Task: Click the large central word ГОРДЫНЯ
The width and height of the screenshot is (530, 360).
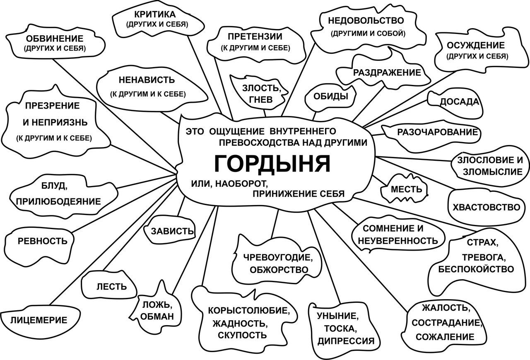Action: pyautogui.click(x=272, y=164)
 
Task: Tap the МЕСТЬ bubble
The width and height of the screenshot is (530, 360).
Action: pyautogui.click(x=404, y=188)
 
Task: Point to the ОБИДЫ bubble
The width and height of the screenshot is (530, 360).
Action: pyautogui.click(x=330, y=97)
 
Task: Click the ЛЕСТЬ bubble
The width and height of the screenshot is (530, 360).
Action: pyautogui.click(x=109, y=285)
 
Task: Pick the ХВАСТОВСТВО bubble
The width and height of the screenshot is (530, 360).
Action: pyautogui.click(x=486, y=208)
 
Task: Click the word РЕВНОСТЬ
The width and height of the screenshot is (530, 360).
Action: pyautogui.click(x=43, y=241)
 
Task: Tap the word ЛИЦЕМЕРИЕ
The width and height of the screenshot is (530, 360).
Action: pyautogui.click(x=39, y=320)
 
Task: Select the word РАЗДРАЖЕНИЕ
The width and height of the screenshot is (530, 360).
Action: pyautogui.click(x=387, y=72)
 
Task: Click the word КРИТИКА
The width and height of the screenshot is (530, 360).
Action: pyautogui.click(x=155, y=14)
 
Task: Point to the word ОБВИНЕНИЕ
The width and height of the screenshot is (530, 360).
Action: pyautogui.click(x=55, y=39)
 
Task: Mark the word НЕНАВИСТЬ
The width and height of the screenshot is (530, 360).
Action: pyautogui.click(x=147, y=80)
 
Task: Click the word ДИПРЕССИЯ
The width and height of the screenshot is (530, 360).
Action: pyautogui.click(x=346, y=341)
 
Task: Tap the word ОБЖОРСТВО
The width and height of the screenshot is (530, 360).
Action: pyautogui.click(x=279, y=270)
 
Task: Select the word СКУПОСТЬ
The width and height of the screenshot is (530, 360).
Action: pyautogui.click(x=242, y=335)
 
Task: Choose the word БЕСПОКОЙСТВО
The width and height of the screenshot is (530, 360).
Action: pyautogui.click(x=476, y=269)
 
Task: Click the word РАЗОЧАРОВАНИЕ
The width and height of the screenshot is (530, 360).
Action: pyautogui.click(x=438, y=132)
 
